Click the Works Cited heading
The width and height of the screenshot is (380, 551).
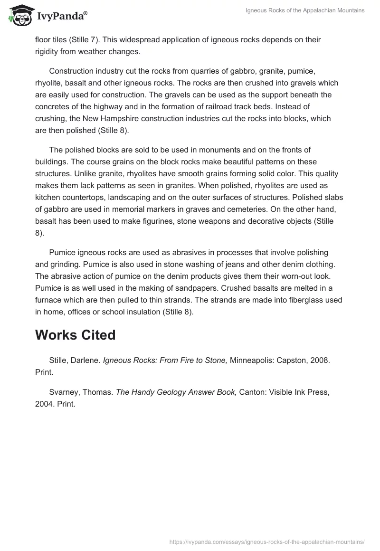click(x=75, y=335)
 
